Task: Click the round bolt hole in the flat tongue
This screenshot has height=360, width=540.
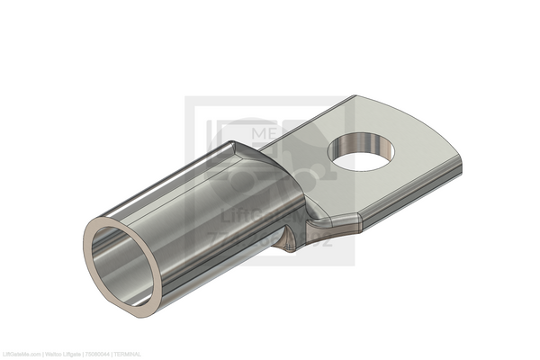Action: [x=364, y=150]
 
